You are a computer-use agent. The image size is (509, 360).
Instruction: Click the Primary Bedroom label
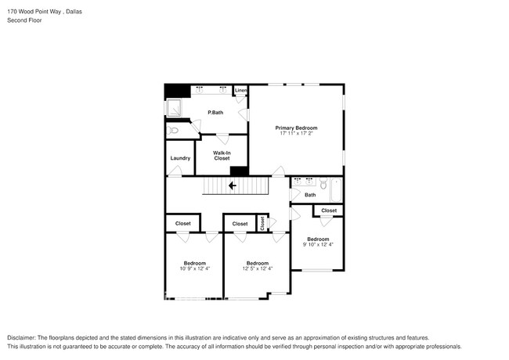296,128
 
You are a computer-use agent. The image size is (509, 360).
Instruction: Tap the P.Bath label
215,113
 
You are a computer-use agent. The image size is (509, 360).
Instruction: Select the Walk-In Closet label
222,156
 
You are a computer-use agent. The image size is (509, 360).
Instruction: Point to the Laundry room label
180,158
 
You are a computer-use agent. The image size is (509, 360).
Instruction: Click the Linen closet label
240,91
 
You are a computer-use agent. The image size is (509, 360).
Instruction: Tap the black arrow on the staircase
232,186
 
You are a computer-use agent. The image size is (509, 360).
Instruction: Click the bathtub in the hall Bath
337,191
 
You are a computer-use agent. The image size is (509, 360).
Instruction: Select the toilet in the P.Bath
174,131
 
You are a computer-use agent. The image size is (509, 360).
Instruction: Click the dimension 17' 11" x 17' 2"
296,134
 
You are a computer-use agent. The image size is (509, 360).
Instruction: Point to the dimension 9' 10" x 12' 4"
318,245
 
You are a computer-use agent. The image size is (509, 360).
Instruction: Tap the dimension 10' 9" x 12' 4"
194,269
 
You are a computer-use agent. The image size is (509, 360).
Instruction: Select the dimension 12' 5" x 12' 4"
257,269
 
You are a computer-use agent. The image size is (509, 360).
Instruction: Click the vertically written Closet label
262,224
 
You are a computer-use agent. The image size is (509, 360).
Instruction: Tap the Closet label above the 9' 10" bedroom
329,211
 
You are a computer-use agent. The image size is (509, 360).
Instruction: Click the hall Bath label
310,195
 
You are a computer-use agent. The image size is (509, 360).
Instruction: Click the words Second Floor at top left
24,20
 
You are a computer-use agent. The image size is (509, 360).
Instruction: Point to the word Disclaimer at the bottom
23,337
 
